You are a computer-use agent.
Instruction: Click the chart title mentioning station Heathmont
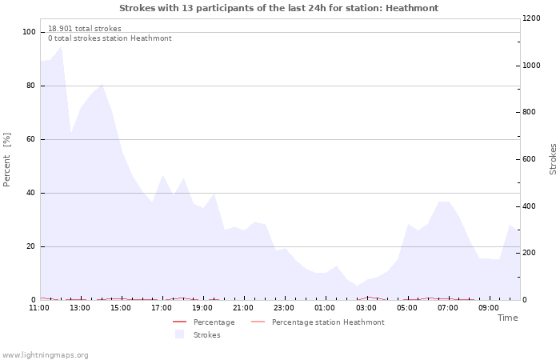pyautogui.click(x=278, y=8)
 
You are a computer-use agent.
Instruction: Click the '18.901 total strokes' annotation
pyautogui.click(x=85, y=29)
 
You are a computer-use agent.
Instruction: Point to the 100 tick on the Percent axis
pyautogui.click(x=30, y=32)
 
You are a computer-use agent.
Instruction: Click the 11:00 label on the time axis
pyautogui.click(x=39, y=307)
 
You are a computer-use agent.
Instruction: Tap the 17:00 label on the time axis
pyautogui.click(x=162, y=307)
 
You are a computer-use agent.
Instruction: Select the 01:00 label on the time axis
pyautogui.click(x=325, y=307)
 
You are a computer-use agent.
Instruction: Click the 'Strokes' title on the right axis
pyautogui.click(x=553, y=159)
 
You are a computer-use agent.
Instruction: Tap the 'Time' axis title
pyautogui.click(x=507, y=318)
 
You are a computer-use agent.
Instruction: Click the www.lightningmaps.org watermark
pyautogui.click(x=45, y=355)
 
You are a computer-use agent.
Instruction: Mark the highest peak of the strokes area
pyautogui.click(x=61, y=46)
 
